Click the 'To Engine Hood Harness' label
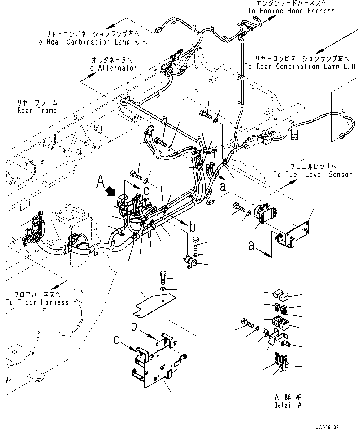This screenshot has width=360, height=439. point(291,11)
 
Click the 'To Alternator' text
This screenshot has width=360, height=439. point(111,68)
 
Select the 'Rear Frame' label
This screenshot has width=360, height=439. point(37,110)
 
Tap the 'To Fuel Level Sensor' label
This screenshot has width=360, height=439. point(313,174)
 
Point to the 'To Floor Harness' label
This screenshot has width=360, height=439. point(37,302)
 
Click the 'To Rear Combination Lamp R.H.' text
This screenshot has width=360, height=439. point(91,42)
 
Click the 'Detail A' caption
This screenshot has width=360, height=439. point(288,405)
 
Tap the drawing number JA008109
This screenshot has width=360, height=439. point(327,427)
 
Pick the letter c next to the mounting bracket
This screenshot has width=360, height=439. point(116,340)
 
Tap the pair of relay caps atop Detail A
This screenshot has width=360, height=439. point(280,296)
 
